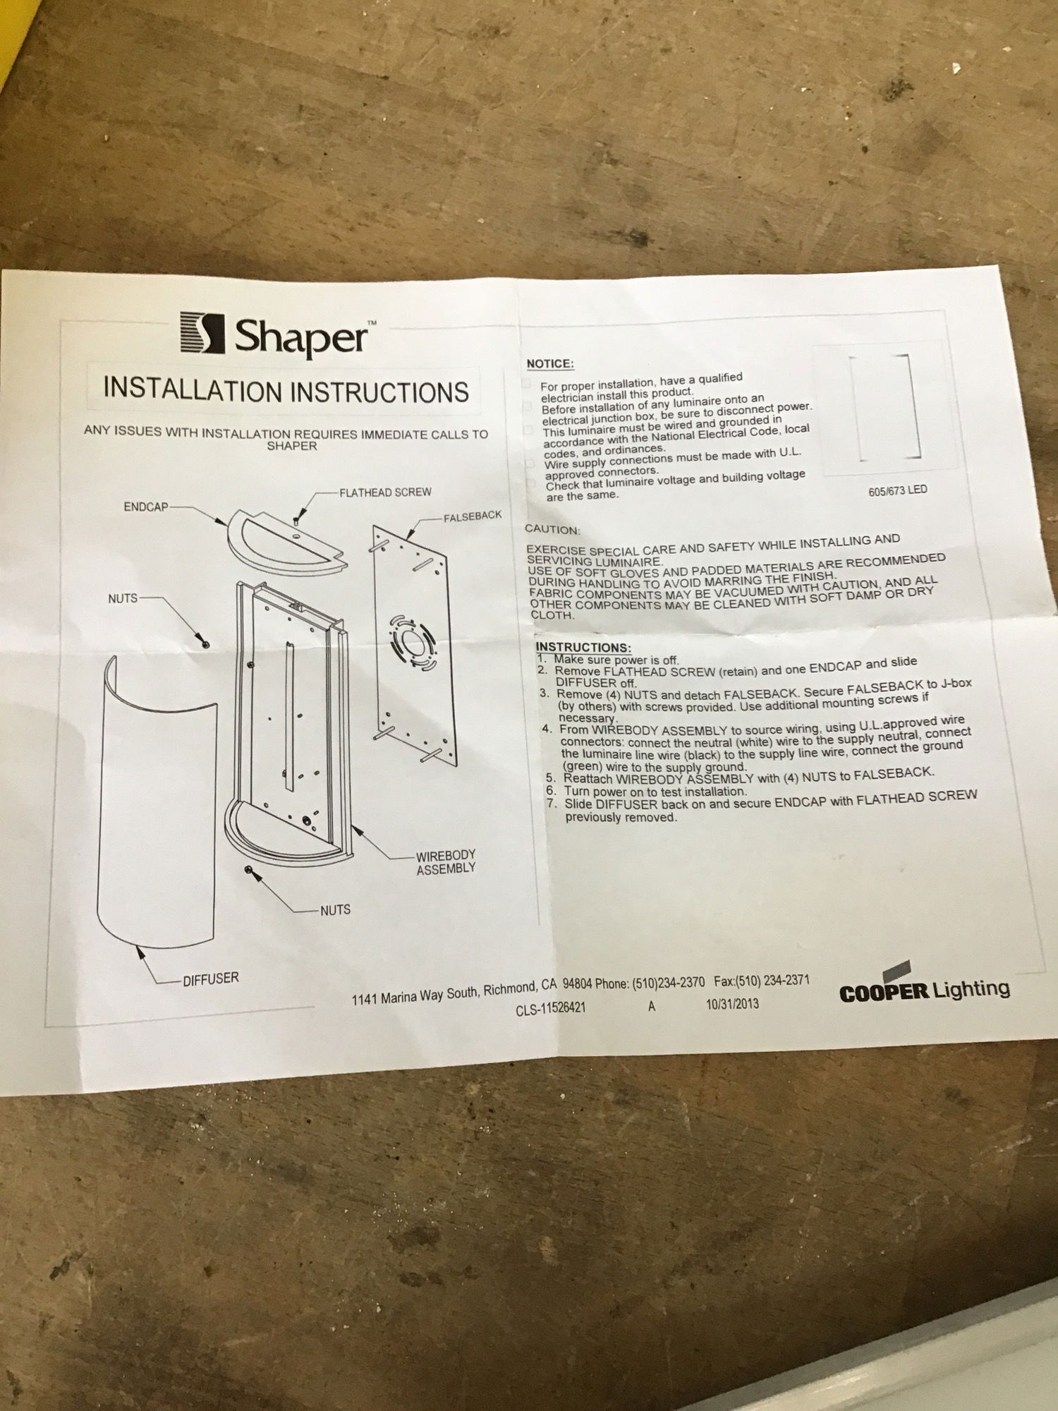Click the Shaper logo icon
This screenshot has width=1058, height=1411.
click(202, 334)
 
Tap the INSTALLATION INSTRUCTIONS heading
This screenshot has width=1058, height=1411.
click(286, 390)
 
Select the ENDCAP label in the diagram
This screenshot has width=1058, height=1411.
click(146, 507)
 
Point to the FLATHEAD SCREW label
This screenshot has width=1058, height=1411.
click(385, 492)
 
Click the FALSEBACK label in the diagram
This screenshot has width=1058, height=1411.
click(473, 516)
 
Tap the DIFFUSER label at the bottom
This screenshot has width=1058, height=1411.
click(211, 979)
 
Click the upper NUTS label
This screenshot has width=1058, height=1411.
click(123, 598)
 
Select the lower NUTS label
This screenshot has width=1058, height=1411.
click(335, 910)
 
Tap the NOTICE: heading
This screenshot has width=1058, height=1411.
click(550, 364)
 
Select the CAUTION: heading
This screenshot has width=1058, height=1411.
click(553, 529)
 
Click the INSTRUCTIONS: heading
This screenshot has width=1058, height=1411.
click(583, 647)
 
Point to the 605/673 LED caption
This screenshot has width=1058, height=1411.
click(898, 490)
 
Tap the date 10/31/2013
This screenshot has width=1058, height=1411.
click(733, 1003)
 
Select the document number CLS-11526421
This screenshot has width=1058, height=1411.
click(550, 1009)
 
